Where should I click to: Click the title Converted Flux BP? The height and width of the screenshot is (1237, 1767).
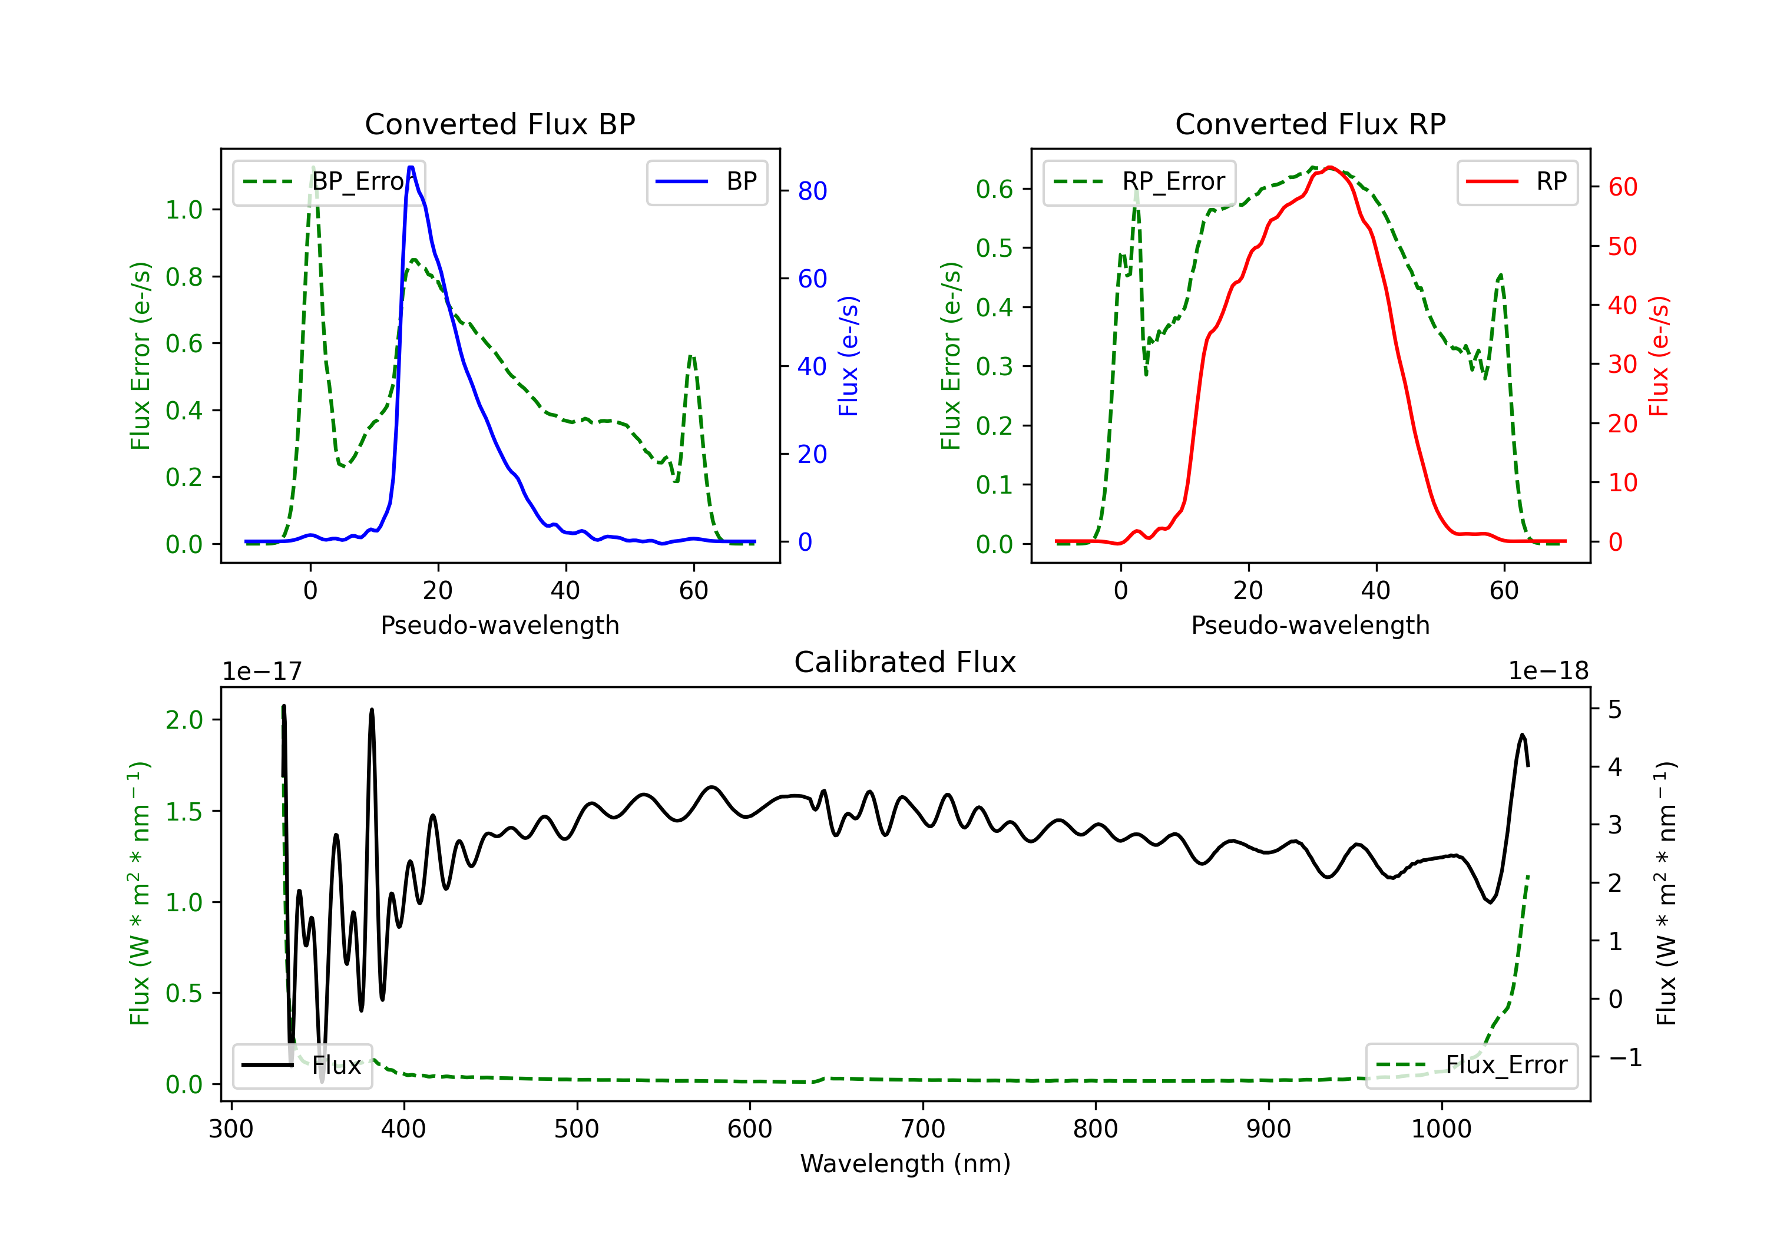(500, 124)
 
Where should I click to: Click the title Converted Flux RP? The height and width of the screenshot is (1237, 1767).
(1311, 124)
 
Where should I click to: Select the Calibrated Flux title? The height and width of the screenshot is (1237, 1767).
(905, 662)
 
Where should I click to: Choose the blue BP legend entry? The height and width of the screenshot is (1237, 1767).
(706, 181)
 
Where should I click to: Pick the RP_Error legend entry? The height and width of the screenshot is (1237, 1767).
(1139, 181)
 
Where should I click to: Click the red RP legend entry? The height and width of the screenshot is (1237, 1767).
(1517, 181)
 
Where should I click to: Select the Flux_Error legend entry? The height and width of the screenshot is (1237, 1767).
(1471, 1066)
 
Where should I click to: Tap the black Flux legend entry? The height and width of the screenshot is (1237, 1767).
(302, 1066)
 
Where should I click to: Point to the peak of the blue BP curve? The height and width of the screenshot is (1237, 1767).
(411, 167)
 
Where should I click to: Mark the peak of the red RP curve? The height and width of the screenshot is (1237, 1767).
(1331, 167)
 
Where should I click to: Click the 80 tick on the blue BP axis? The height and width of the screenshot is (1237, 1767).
(812, 191)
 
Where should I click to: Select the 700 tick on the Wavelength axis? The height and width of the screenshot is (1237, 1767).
(923, 1129)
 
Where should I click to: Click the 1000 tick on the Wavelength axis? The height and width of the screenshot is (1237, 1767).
(1441, 1129)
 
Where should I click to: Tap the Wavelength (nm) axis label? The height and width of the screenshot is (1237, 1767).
(905, 1163)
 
